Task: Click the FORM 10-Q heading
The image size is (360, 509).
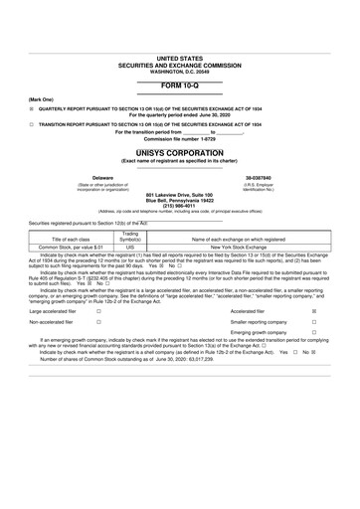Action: [180, 87]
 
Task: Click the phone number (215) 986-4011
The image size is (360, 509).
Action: [180, 206]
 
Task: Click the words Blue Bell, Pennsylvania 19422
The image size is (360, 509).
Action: [180, 200]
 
